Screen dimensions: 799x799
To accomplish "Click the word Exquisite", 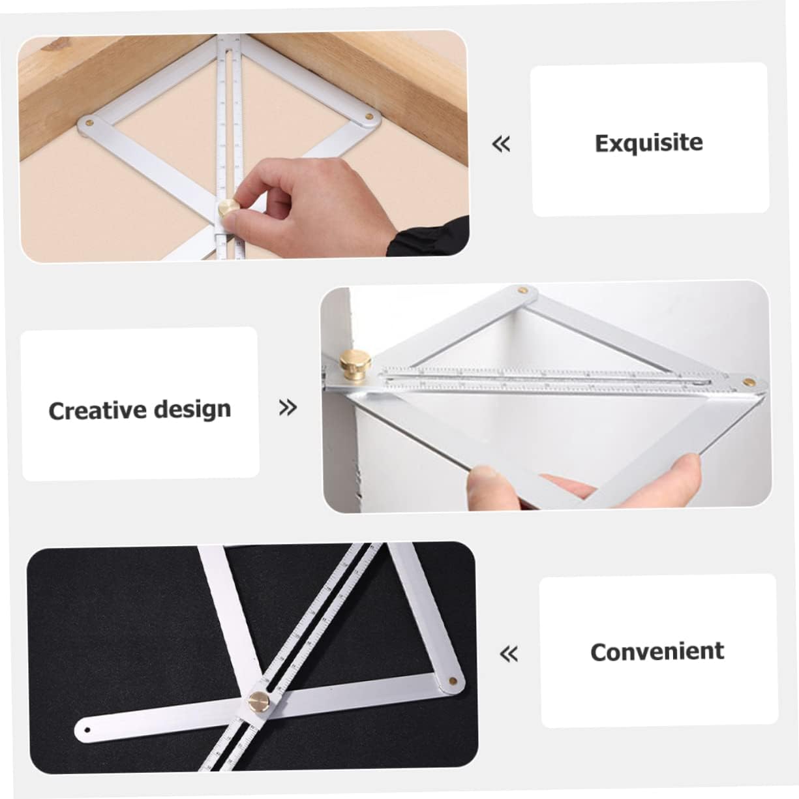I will coord(648,143).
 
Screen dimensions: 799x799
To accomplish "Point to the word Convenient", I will coord(657,652).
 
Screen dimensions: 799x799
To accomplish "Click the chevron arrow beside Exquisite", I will coord(501,143).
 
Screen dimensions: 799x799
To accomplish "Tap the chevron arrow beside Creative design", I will coord(288,408).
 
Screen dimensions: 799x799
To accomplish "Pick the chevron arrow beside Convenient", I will coord(508,653).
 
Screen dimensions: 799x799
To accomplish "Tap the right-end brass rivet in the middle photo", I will coord(749,380).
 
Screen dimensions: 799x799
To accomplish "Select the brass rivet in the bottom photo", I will coord(452,680).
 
